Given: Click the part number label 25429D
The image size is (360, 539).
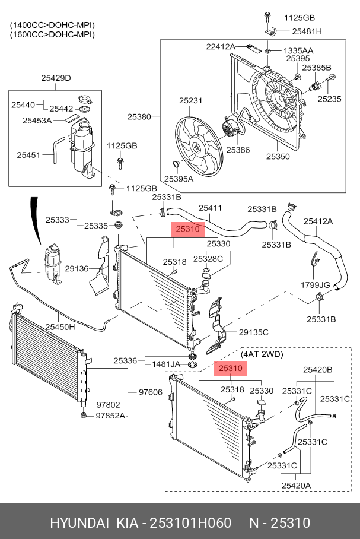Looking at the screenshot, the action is click(x=56, y=78).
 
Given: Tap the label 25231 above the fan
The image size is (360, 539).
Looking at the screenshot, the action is click(x=190, y=100).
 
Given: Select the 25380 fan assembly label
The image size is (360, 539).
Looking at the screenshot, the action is click(x=139, y=116).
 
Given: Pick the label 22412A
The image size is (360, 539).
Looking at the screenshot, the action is click(x=221, y=46).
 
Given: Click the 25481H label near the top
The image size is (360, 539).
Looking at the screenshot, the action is click(x=307, y=31).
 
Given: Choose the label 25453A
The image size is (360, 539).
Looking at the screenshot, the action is click(x=37, y=121).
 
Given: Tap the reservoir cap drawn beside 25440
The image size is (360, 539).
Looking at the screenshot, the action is click(x=84, y=100).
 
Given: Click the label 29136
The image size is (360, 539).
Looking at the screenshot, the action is click(x=77, y=268).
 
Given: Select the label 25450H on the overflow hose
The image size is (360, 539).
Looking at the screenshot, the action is click(x=60, y=327).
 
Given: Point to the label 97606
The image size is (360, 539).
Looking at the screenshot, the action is click(x=151, y=392).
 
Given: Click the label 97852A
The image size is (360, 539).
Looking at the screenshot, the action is click(x=110, y=416).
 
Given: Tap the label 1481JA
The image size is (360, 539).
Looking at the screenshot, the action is click(x=166, y=364).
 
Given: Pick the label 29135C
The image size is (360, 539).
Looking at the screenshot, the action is click(x=253, y=332).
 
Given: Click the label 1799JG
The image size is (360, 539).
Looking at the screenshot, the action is click(x=315, y=285).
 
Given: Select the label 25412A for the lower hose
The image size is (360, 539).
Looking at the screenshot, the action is click(x=318, y=221).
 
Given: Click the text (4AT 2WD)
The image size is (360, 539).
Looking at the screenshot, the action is click(x=262, y=354).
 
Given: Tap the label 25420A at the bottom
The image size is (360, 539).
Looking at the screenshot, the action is click(x=296, y=486).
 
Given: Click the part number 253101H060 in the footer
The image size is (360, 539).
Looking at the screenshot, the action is click(x=191, y=523).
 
